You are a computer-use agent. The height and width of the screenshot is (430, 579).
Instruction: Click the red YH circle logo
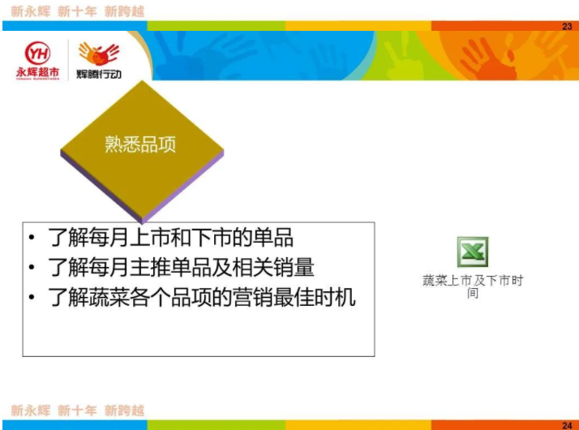(x=37, y=54)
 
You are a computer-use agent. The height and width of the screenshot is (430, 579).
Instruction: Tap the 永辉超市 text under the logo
(x=37, y=72)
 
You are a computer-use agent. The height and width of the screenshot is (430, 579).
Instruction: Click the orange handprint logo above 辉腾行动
(x=99, y=54)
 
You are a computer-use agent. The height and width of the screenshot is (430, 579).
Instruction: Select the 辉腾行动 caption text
(x=99, y=75)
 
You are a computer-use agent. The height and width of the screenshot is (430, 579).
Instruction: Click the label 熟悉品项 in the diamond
(x=140, y=144)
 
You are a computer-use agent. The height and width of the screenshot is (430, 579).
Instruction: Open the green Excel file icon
(x=473, y=252)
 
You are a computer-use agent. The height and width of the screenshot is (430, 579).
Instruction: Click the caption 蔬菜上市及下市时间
(x=473, y=286)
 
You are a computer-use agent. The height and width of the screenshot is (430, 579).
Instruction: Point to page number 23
(x=567, y=26)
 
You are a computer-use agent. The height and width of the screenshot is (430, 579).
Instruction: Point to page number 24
(x=567, y=425)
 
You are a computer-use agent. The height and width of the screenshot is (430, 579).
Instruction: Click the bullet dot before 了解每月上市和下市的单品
(x=32, y=237)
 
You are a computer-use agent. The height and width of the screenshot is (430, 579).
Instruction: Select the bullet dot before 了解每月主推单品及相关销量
(x=32, y=267)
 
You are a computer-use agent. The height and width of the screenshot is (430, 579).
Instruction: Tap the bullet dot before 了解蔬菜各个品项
(x=32, y=297)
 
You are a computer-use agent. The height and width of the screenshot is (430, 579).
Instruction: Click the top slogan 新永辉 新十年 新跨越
(x=77, y=11)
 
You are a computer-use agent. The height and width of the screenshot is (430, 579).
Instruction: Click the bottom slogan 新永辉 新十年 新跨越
(x=77, y=411)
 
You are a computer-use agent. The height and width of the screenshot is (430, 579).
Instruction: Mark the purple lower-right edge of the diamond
(x=183, y=187)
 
